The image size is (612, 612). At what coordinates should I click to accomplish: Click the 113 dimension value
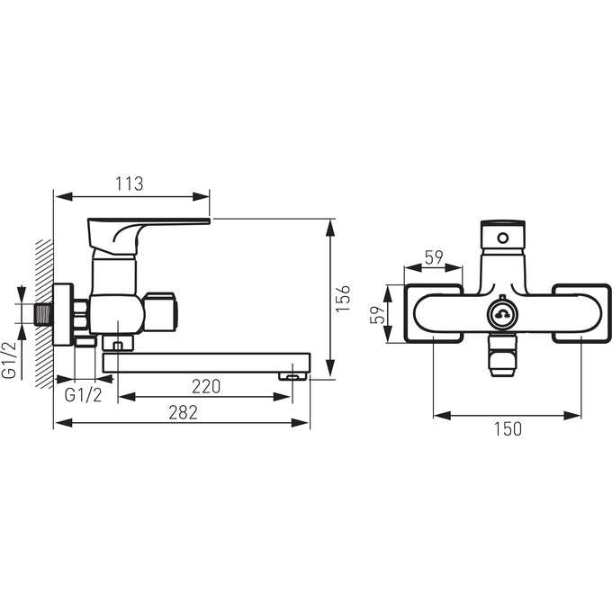pyautogui.click(x=130, y=184)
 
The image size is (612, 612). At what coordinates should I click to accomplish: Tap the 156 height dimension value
pyautogui.click(x=344, y=298)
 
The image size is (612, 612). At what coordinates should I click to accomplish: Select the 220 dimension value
pyautogui.click(x=206, y=386)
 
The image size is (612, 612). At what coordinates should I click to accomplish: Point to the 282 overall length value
pyautogui.click(x=183, y=412)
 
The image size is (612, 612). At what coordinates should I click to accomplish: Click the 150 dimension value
pyautogui.click(x=508, y=429)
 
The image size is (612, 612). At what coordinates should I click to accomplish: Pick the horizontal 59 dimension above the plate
pyautogui.click(x=434, y=257)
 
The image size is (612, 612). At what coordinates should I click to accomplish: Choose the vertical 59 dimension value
pyautogui.click(x=377, y=315)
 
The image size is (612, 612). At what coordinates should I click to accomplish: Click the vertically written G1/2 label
pyautogui.click(x=10, y=360)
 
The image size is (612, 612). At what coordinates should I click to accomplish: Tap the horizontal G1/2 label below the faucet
pyautogui.click(x=83, y=395)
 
